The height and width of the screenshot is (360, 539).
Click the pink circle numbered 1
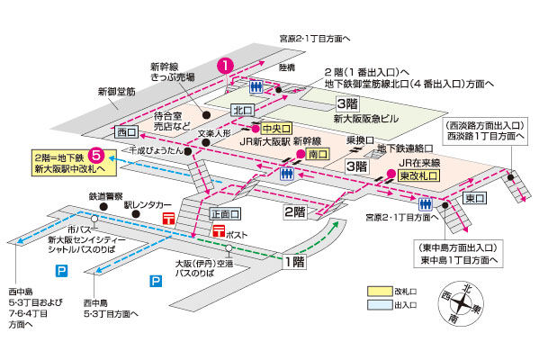pos(226,66)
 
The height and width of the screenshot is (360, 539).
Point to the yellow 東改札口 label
pos(417,175)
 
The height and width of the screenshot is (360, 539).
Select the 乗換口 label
pos(359,139)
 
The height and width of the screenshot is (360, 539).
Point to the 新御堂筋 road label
pos(116,91)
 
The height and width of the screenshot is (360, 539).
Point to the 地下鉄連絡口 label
pos(405,147)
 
